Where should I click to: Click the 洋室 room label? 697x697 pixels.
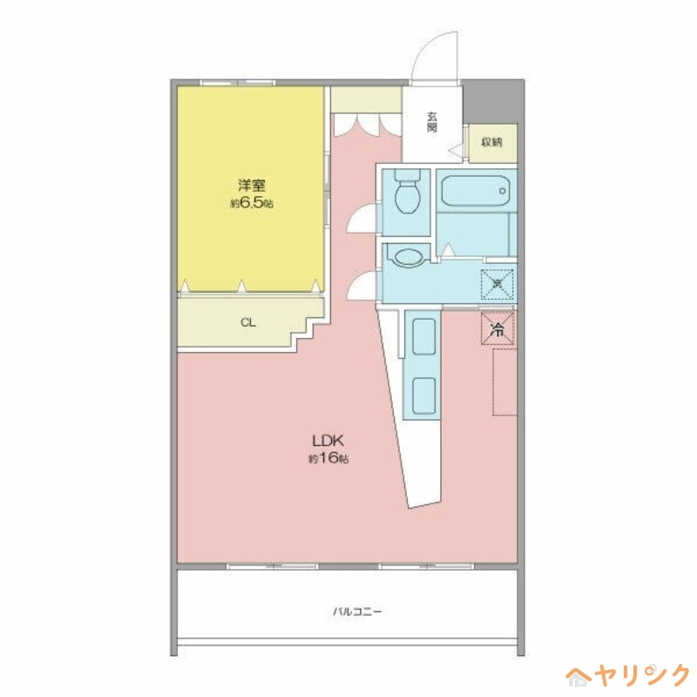pos(252,185)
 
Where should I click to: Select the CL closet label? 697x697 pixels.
pos(248,322)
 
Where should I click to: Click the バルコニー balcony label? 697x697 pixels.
pos(357,612)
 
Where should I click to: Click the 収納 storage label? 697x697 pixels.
pos(493,141)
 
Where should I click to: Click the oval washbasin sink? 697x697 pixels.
pos(407,258)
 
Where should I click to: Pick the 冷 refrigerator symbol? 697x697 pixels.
pos(497,329)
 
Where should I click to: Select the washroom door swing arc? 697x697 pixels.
pos(361,285)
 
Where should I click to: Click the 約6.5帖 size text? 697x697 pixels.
pos(252,203)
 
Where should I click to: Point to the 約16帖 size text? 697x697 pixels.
pos(328,458)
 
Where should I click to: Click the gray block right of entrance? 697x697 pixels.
pos(493,103)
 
